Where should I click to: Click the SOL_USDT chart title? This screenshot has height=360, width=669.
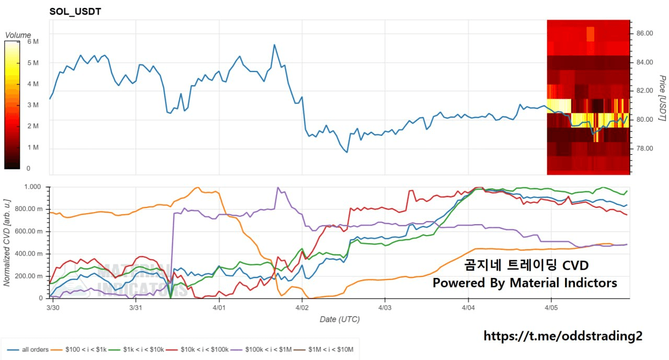pyautogui.click(x=75, y=11)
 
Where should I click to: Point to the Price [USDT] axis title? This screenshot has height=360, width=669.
pyautogui.click(x=662, y=98)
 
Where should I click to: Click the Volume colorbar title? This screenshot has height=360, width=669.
pyautogui.click(x=18, y=36)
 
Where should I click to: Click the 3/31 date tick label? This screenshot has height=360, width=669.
pyautogui.click(x=136, y=308)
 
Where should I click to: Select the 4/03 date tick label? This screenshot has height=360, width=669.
pyautogui.click(x=385, y=308)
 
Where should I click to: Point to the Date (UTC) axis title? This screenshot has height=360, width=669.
pyautogui.click(x=340, y=319)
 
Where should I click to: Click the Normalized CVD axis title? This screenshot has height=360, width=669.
pyautogui.click(x=7, y=241)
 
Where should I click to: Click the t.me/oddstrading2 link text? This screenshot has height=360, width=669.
pyautogui.click(x=562, y=336)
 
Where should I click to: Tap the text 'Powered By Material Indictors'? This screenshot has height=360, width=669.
pyautogui.click(x=525, y=283)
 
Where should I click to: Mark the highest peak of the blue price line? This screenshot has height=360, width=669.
pyautogui.click(x=274, y=45)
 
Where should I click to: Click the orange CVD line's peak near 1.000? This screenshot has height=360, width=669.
pyautogui.click(x=198, y=188)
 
